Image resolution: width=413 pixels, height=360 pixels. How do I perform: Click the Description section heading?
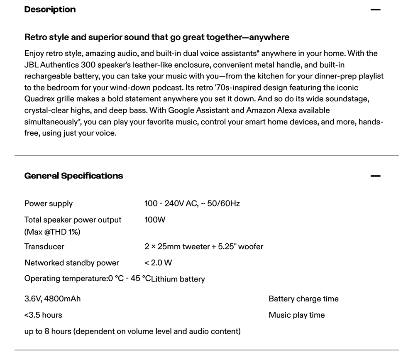coord(50,10)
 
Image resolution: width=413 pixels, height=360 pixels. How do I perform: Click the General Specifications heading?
coord(73,176)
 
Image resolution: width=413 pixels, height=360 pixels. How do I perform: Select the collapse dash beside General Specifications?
coord(375,176)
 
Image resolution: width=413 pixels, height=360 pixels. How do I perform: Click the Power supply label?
coord(49,203)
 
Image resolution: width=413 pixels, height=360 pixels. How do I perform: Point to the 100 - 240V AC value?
coord(192,203)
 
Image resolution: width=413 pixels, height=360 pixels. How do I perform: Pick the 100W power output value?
coord(155,220)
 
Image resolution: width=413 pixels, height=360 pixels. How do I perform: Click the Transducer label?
coord(44,247)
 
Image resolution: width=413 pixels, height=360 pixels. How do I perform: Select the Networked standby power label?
coord(72,263)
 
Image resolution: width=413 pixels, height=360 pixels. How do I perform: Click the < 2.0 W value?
coord(158,263)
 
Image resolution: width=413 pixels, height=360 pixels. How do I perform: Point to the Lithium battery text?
coord(178,279)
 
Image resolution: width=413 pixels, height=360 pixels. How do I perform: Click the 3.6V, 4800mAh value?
coord(52,299)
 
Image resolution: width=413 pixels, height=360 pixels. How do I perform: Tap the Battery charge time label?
coord(303,299)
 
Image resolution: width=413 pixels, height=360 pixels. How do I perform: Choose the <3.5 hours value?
coord(43,315)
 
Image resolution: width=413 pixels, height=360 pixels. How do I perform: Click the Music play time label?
coord(296,315)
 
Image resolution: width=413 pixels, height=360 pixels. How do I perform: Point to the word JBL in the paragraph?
coord(31,65)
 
